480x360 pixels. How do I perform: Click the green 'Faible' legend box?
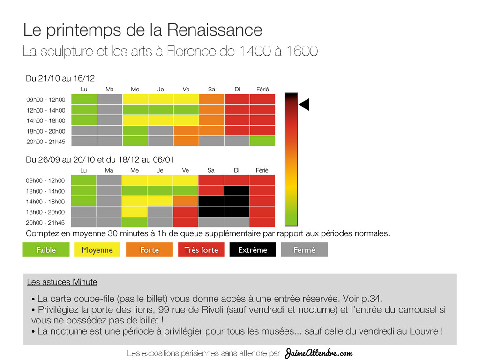[x=46, y=250]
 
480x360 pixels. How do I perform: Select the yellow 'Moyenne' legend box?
[x=97, y=250]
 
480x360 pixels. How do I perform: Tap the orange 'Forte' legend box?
[x=149, y=250]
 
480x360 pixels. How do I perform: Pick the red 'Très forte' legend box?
[x=201, y=250]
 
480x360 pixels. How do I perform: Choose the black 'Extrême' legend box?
[x=253, y=250]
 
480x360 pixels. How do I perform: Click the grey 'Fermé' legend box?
[x=304, y=250]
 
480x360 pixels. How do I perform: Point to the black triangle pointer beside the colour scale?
[x=305, y=105]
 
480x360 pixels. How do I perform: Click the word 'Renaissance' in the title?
[x=214, y=30]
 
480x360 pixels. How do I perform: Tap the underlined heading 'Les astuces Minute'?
[x=62, y=282]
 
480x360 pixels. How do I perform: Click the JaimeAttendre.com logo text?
[x=318, y=352]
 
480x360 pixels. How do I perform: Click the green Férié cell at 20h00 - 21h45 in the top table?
[x=262, y=141]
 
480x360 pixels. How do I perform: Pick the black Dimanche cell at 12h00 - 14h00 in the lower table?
[x=237, y=191]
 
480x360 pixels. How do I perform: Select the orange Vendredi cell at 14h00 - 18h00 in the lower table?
[x=186, y=201]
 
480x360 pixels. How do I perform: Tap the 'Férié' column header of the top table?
[x=262, y=89]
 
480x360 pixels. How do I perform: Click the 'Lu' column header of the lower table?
[x=83, y=170]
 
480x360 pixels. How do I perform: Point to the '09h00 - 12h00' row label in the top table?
[x=45, y=100]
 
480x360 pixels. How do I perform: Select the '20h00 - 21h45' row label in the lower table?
[x=45, y=223]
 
